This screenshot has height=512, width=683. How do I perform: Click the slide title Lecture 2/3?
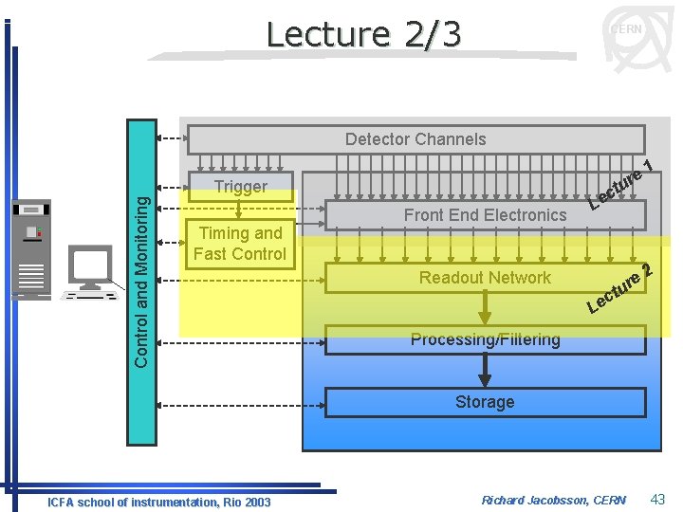tap(363, 34)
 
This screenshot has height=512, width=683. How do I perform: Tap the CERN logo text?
tap(625, 29)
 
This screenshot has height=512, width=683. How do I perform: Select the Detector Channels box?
tap(415, 139)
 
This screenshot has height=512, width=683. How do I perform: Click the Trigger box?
tap(241, 187)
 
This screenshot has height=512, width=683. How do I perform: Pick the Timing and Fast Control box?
tap(240, 244)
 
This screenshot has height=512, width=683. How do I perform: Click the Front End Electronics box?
tap(485, 215)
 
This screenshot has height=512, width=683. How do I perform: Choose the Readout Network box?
tap(485, 278)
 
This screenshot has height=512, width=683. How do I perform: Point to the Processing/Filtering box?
tap(485, 339)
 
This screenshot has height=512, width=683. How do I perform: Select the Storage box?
tap(485, 402)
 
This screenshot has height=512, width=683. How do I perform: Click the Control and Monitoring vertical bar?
tap(141, 282)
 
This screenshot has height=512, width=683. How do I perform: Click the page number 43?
tap(658, 499)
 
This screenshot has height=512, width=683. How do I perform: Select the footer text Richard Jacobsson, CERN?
tap(554, 500)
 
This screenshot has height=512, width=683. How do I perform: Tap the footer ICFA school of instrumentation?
tap(158, 502)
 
